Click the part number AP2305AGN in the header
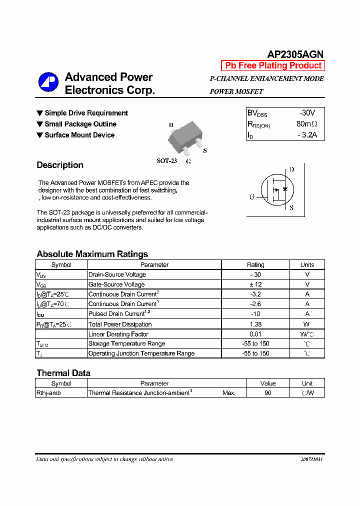[295, 54]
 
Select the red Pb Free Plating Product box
[273, 65]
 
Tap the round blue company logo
[48, 82]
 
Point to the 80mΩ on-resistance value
[307, 124]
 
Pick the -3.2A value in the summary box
[307, 135]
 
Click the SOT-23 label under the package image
[166, 161]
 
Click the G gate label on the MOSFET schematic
[252, 197]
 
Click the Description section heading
[60, 165]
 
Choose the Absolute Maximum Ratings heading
[92, 254]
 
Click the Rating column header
[255, 265]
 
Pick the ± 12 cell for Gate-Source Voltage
[255, 284]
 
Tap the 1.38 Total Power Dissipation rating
[255, 324]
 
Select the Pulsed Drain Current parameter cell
[116, 314]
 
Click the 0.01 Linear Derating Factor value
[255, 334]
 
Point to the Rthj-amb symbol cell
[49, 393]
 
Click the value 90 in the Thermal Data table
[268, 393]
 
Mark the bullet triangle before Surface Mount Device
[40, 135]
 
